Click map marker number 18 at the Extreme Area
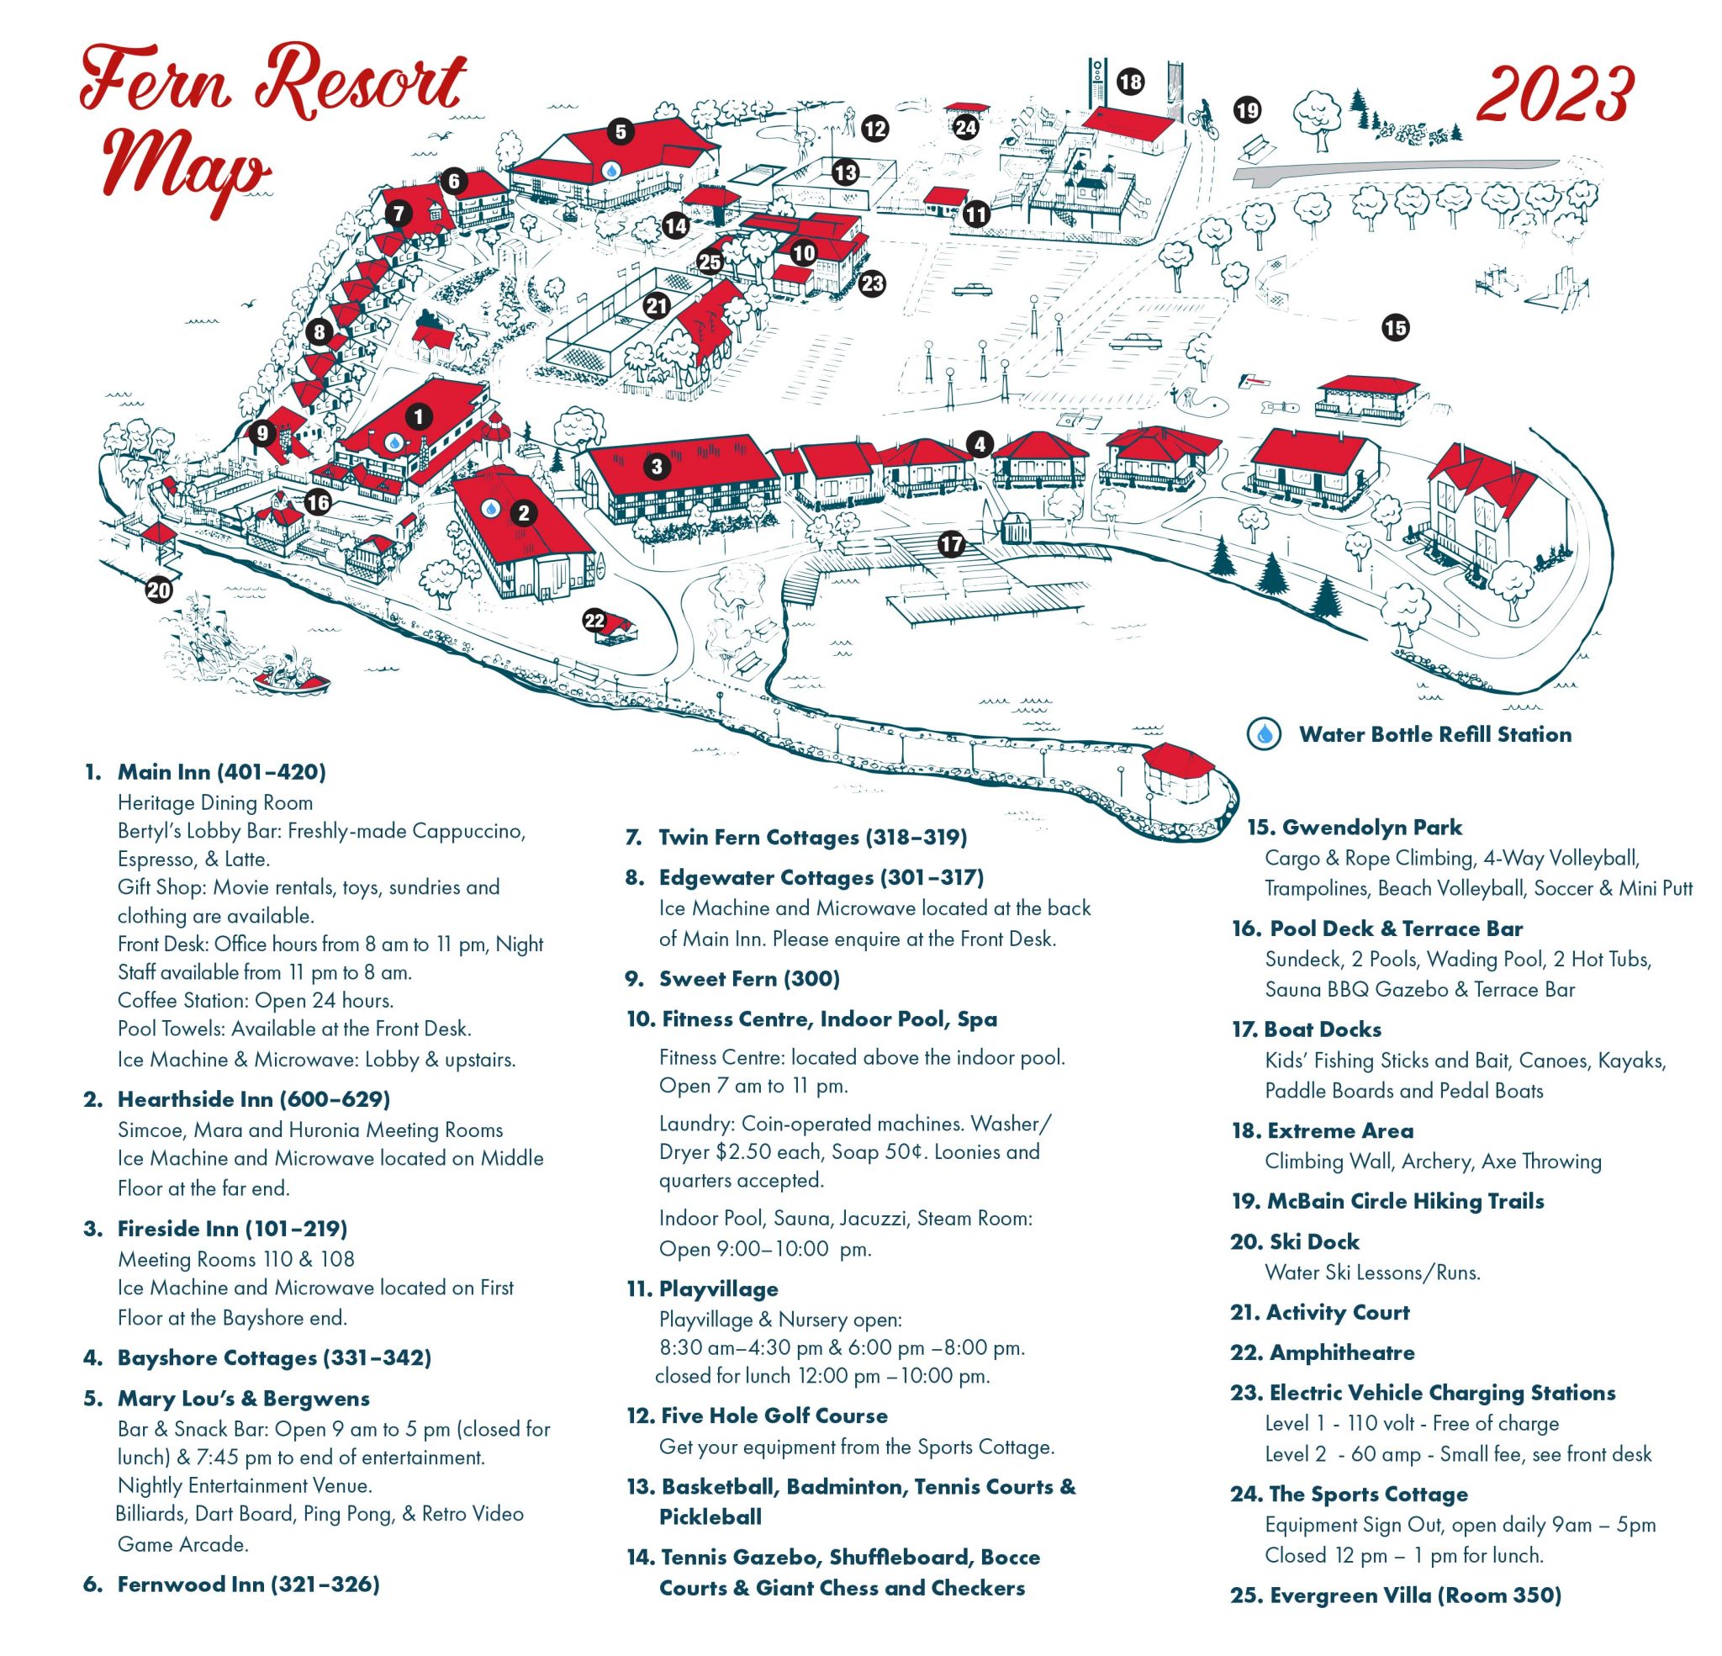point(1131,82)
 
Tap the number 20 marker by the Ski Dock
point(159,590)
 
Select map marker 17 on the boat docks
point(951,545)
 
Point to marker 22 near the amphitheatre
point(594,621)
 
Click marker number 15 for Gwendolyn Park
point(1395,328)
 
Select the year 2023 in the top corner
point(1554,94)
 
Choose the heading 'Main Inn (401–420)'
point(221,772)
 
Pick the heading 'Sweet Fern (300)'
point(749,978)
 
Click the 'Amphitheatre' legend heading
point(1342,1352)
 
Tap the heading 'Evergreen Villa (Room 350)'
point(1415,1595)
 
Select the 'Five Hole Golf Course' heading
point(774,1416)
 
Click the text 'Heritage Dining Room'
point(215,802)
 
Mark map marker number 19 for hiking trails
point(1247,111)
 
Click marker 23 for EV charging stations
point(873,284)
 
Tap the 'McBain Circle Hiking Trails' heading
point(1405,1202)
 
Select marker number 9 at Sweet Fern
point(261,432)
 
